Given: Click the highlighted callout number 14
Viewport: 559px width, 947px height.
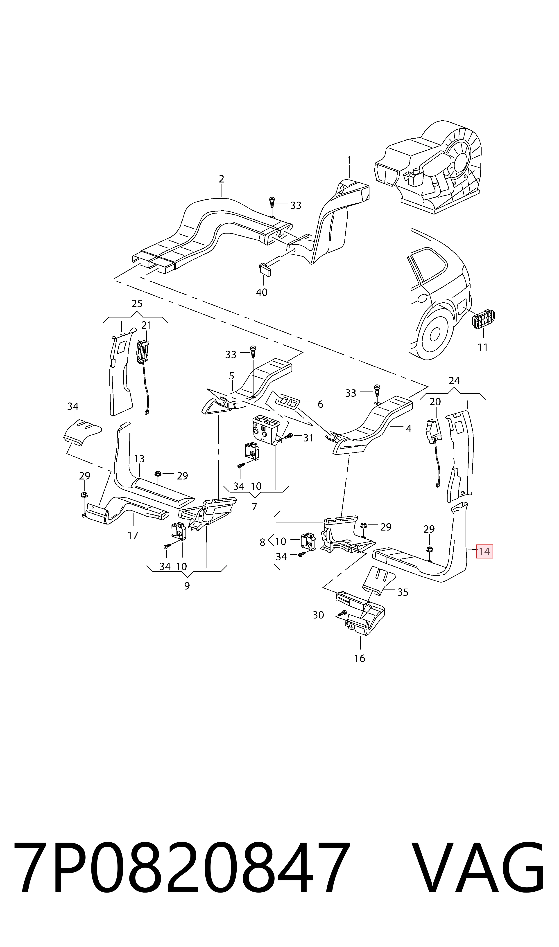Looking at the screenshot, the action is click(x=484, y=552).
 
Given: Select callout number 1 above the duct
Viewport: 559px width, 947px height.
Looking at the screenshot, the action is click(x=349, y=160).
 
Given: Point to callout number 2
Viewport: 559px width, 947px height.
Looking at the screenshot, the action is click(x=222, y=179).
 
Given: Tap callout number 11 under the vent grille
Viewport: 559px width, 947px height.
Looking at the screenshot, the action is click(x=482, y=347).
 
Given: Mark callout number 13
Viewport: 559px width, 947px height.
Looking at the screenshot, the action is click(x=139, y=459).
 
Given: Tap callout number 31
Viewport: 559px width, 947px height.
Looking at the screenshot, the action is click(x=308, y=438).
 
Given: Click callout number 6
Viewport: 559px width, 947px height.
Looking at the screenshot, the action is click(x=320, y=404).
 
